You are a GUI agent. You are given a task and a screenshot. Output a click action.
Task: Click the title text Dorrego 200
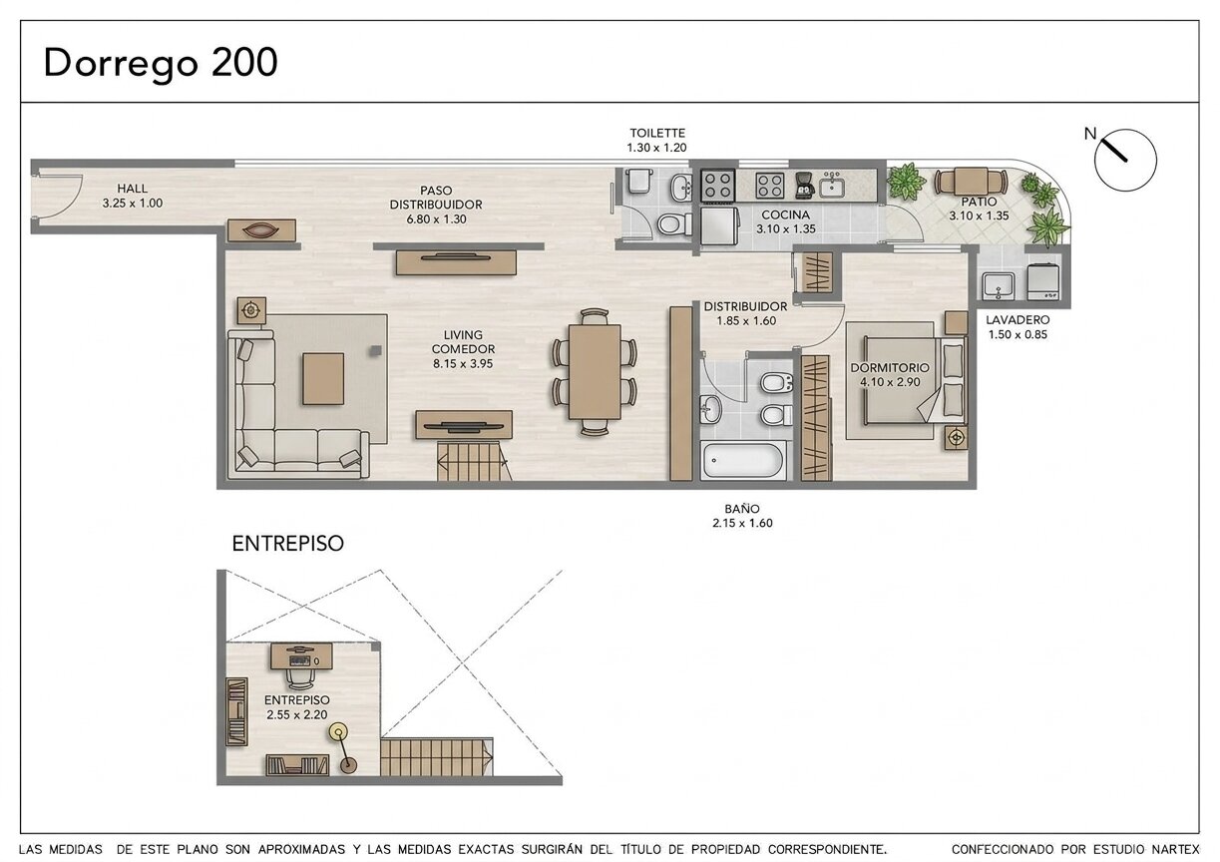[x=161, y=64]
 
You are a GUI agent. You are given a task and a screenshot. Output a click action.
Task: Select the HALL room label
[x=133, y=189]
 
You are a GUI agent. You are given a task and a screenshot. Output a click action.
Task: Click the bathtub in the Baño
[x=743, y=460]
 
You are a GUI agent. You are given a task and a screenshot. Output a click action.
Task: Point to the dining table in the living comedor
[x=595, y=371]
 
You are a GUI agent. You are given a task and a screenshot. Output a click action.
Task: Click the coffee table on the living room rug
[x=323, y=379]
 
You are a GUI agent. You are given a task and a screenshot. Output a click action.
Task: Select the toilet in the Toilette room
[x=674, y=223]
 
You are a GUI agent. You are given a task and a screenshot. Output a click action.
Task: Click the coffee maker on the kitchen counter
[x=804, y=186]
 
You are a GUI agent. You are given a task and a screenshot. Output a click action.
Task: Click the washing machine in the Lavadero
[x=1043, y=281]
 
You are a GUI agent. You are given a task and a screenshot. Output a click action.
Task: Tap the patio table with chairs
[x=971, y=182]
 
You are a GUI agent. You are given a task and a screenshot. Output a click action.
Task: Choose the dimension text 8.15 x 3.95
[x=463, y=363]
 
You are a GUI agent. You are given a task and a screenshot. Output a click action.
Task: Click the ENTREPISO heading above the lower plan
[x=288, y=544]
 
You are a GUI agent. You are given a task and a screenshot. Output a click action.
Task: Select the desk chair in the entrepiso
[x=300, y=677]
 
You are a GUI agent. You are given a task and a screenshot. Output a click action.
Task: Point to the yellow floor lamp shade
[x=338, y=731]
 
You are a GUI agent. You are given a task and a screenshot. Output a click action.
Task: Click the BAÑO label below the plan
[x=742, y=509]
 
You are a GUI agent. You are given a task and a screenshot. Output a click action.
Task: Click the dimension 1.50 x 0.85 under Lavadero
[x=1017, y=334]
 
